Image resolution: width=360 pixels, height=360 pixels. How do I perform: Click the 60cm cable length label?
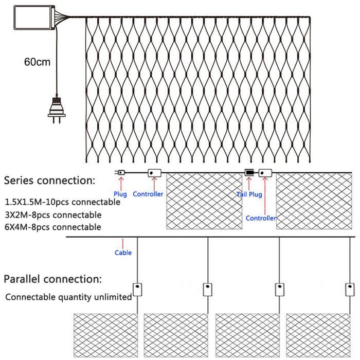(x=37, y=62)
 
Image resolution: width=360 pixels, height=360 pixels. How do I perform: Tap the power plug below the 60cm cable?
(x=57, y=110)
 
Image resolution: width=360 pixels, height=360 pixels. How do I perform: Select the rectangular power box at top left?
(x=34, y=17)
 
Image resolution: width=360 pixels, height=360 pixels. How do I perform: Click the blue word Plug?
(x=120, y=194)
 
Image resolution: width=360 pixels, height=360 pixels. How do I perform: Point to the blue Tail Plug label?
(x=249, y=194)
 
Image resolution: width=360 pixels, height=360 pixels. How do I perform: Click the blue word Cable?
(x=123, y=253)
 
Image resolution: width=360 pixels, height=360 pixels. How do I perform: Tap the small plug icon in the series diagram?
(x=120, y=172)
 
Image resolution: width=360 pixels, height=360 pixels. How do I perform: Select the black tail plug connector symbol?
(x=249, y=172)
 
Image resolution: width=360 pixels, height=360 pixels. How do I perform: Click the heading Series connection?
(x=49, y=181)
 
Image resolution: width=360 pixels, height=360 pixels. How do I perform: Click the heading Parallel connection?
(x=52, y=279)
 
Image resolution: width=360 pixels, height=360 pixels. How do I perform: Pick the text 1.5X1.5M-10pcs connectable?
(x=62, y=202)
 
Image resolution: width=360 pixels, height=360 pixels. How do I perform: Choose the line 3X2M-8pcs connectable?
(x=53, y=215)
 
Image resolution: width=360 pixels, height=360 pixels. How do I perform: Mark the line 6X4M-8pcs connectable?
(x=53, y=227)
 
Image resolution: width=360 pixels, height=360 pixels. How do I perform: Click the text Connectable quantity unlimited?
(x=68, y=297)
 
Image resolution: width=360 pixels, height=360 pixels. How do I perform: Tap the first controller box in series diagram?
(x=154, y=173)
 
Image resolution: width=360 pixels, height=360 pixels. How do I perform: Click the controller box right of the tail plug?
(x=265, y=173)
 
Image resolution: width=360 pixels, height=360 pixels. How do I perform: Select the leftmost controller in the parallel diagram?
(x=137, y=289)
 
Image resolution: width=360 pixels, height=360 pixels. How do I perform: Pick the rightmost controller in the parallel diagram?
(x=350, y=289)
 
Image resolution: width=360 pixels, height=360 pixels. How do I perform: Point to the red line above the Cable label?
(x=123, y=244)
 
